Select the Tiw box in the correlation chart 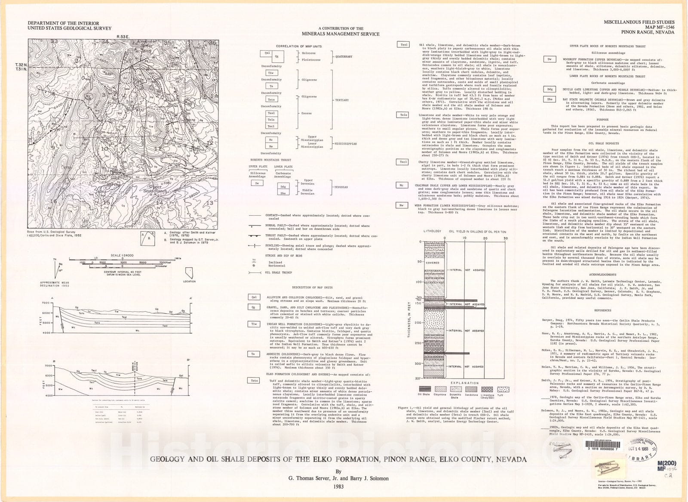270,73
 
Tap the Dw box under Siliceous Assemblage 257,183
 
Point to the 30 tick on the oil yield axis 506,238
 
